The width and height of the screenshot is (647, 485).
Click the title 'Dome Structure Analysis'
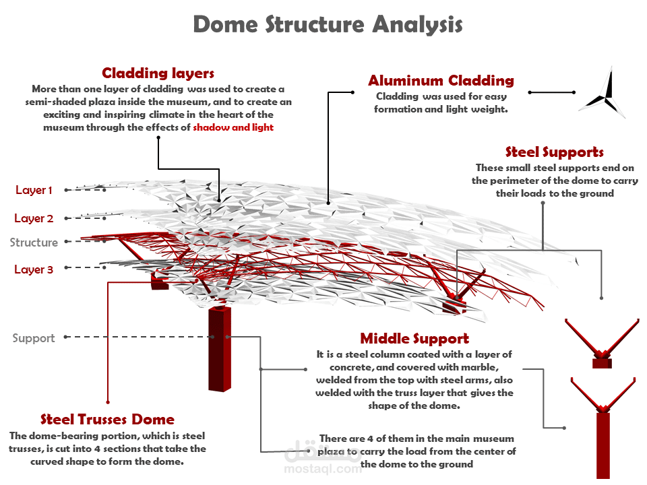point(328,25)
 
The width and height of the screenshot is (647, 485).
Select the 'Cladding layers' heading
point(158,73)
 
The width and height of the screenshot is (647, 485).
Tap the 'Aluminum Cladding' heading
point(441,81)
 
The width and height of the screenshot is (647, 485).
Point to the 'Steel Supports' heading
point(554,152)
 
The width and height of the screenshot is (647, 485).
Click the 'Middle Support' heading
point(414,338)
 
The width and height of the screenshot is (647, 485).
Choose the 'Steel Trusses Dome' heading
point(107,420)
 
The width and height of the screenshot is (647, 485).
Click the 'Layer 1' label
point(34,191)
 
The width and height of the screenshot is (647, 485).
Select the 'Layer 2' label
point(34,218)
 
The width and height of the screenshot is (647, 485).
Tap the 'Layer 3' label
point(34,269)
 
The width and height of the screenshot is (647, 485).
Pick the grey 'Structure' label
point(34,243)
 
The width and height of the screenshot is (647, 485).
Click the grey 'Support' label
point(34,338)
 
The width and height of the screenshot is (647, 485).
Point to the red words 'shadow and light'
point(233,127)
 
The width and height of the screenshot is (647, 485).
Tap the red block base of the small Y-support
point(601,364)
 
